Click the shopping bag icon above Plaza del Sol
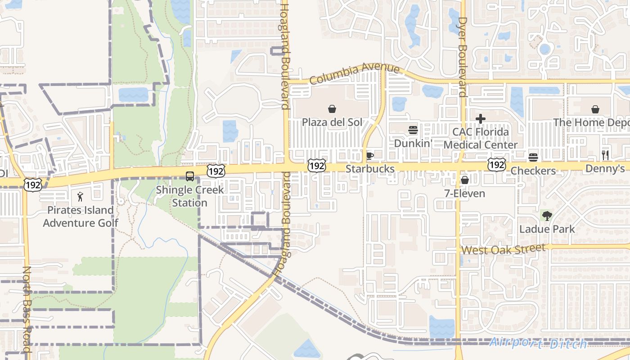click(332, 109)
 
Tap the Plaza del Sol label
click(332, 122)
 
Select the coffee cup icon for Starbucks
click(369, 156)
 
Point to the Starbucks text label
click(370, 169)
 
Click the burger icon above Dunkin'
click(413, 130)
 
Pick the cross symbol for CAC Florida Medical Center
click(481, 119)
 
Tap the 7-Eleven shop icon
click(465, 180)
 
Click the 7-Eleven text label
click(465, 193)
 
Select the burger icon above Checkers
click(533, 157)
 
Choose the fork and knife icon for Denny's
click(605, 156)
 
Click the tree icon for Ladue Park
click(547, 216)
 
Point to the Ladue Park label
click(547, 229)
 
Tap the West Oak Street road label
click(504, 249)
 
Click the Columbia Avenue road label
click(355, 73)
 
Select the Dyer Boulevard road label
click(462, 57)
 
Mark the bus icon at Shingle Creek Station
click(190, 176)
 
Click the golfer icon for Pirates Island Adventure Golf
click(81, 197)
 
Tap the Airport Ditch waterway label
click(538, 343)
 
